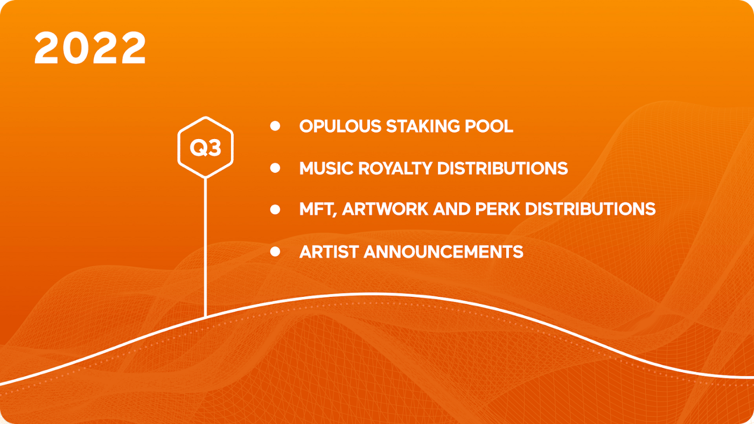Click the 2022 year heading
tap(90, 47)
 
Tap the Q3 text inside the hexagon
tap(205, 148)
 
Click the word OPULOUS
tap(340, 126)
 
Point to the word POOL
tap(489, 126)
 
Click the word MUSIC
tap(326, 168)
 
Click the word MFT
tap(318, 210)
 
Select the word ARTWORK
tap(385, 209)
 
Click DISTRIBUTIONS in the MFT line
tap(590, 209)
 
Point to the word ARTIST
tap(329, 252)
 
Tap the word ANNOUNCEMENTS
tap(443, 252)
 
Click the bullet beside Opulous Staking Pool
tap(275, 126)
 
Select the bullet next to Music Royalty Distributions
tap(275, 168)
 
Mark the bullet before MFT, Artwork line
tap(275, 210)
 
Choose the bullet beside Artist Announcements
tap(275, 252)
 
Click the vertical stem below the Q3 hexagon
tap(205, 247)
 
